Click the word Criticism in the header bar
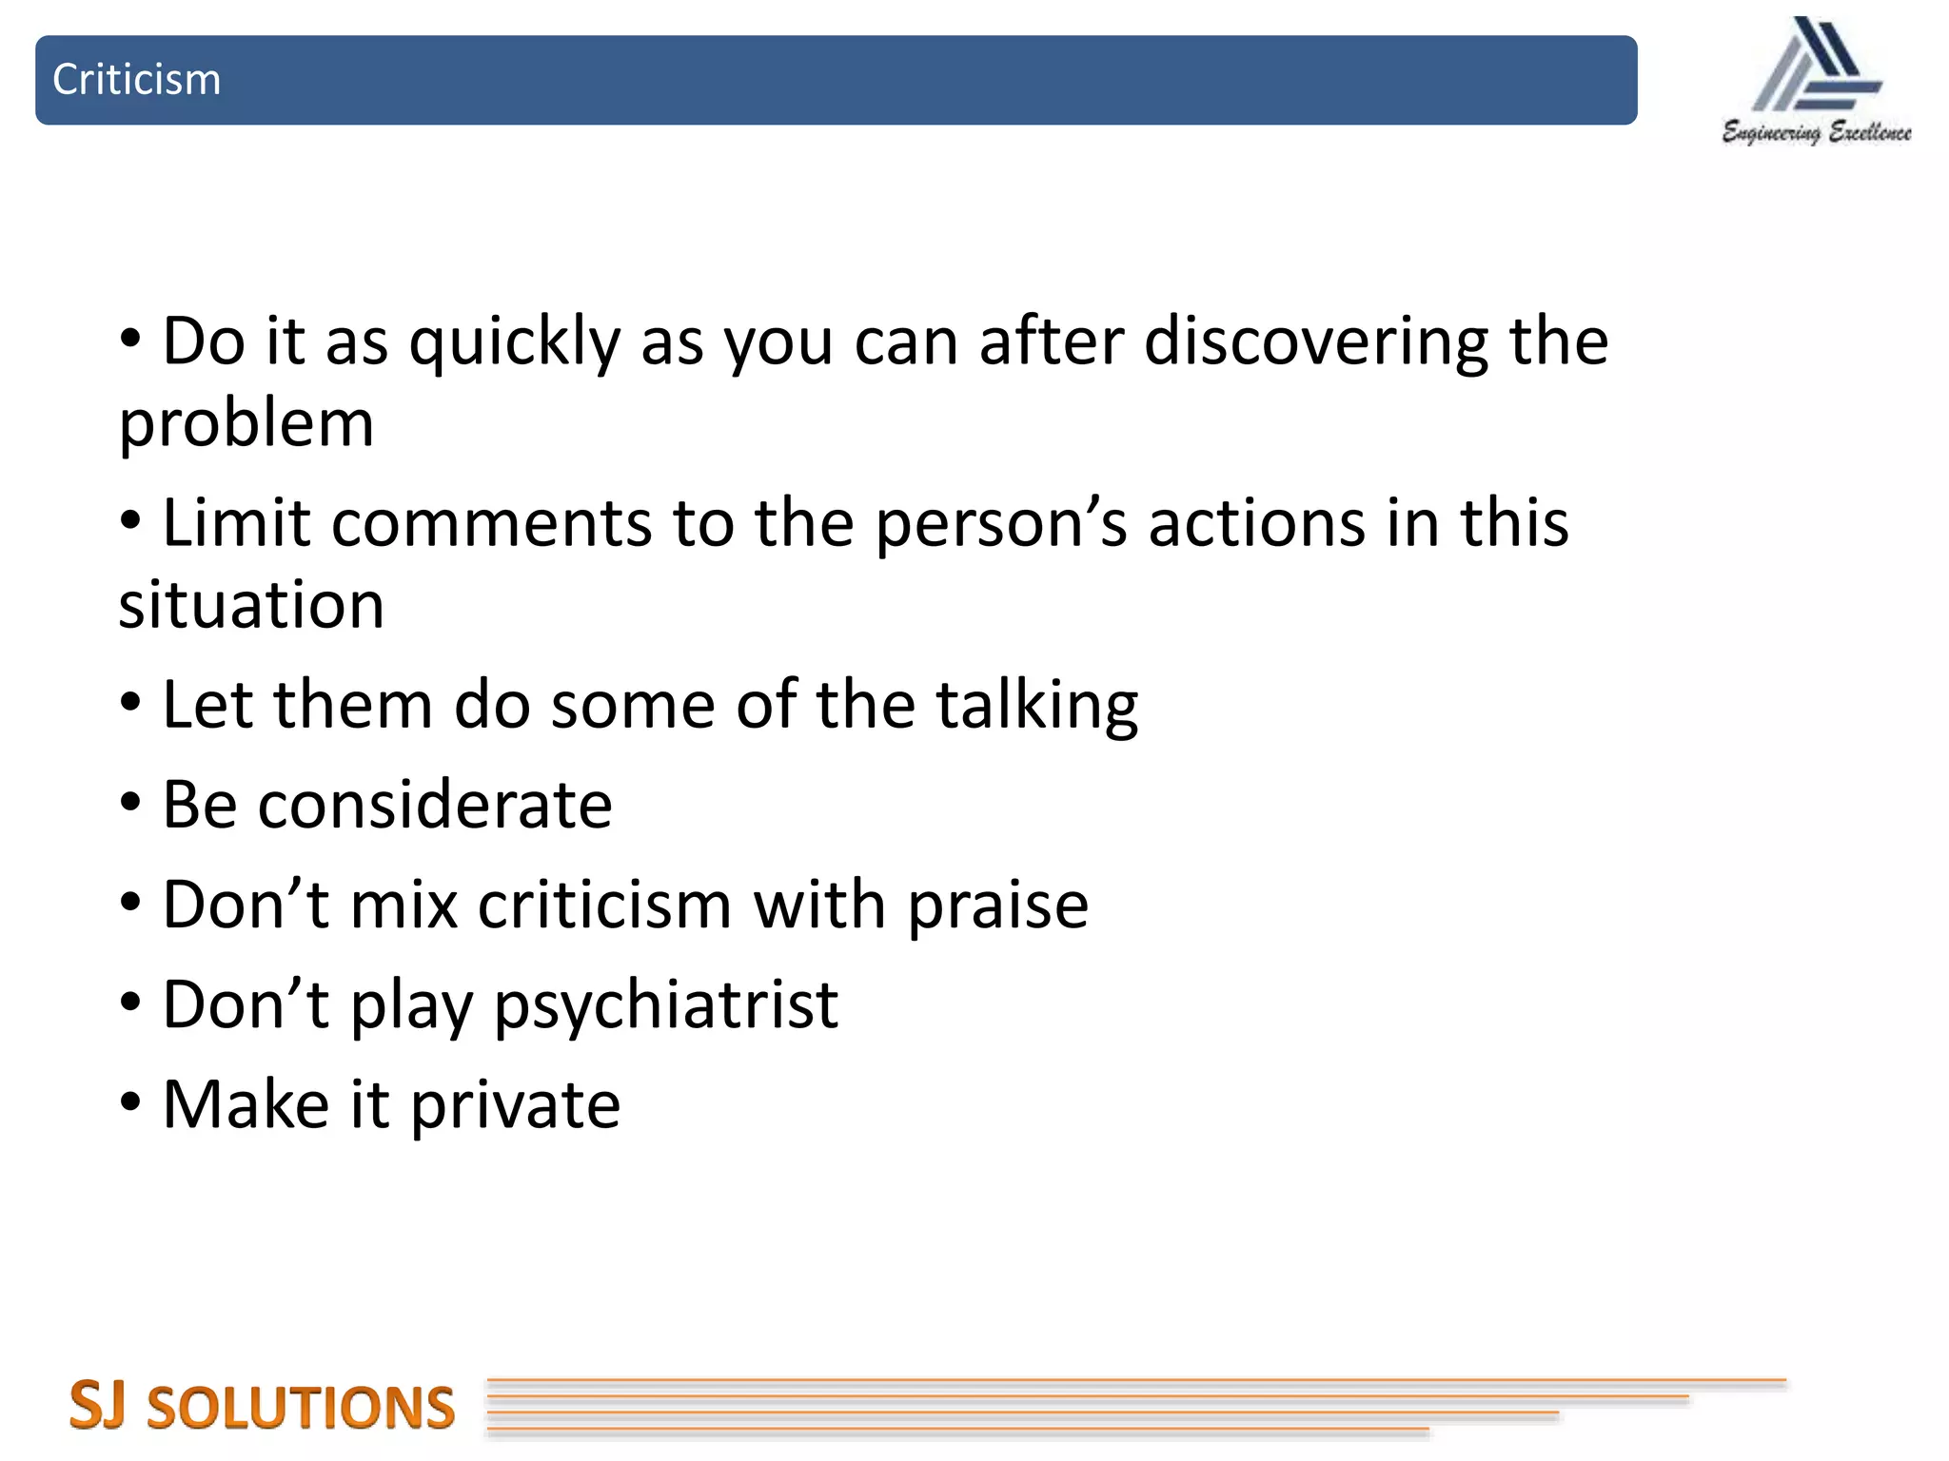tap(136, 80)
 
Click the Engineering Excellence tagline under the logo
tap(1816, 132)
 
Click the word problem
tap(246, 424)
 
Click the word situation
tap(251, 605)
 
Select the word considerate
tap(435, 806)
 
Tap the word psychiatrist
tap(666, 1006)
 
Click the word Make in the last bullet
tap(246, 1105)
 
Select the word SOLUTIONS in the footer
tap(301, 1409)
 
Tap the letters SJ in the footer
tap(97, 1406)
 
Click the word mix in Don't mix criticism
tap(404, 906)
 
